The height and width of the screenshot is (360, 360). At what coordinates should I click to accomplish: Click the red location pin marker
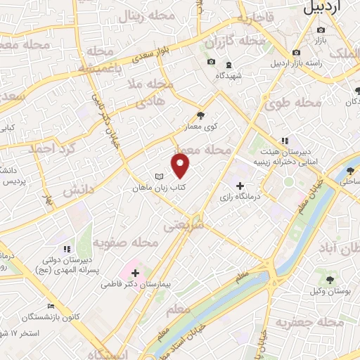click(181, 165)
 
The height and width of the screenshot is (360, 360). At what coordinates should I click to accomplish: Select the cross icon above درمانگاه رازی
click(240, 185)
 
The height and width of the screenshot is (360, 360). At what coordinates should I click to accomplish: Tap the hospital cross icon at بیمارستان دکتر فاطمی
click(135, 272)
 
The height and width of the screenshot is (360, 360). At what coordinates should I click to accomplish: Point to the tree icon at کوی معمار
click(201, 114)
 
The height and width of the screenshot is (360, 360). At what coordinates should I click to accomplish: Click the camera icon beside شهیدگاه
click(211, 62)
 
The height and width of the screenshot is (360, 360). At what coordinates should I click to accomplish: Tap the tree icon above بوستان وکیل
click(329, 279)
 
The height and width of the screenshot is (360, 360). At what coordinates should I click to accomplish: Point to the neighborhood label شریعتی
click(184, 227)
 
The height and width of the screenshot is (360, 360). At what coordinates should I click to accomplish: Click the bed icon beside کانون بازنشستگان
click(51, 307)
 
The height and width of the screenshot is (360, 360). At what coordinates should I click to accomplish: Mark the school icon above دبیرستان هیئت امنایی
click(285, 141)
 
